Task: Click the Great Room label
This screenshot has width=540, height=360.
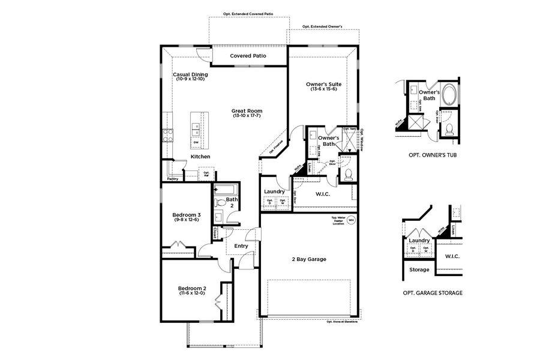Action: click(247, 111)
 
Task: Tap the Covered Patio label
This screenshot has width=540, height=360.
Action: click(248, 56)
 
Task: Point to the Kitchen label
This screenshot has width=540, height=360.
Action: click(200, 157)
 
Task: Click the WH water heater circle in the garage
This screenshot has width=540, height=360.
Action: click(352, 220)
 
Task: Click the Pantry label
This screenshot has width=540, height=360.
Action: click(173, 178)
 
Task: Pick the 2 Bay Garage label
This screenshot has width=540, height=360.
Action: click(308, 259)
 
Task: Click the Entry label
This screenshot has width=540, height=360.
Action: click(241, 246)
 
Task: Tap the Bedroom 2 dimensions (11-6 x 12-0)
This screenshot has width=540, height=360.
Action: click(192, 293)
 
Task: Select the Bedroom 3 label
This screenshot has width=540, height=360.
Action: click(186, 215)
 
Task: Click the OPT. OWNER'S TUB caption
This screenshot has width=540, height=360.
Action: click(430, 154)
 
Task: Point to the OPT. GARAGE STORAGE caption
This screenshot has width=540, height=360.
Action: click(432, 293)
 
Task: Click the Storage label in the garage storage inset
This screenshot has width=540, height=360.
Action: click(419, 269)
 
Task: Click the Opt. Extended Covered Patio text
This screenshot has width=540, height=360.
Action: click(248, 13)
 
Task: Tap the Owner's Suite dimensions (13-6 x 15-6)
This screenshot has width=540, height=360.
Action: click(323, 89)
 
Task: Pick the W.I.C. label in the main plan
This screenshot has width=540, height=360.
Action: click(319, 193)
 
